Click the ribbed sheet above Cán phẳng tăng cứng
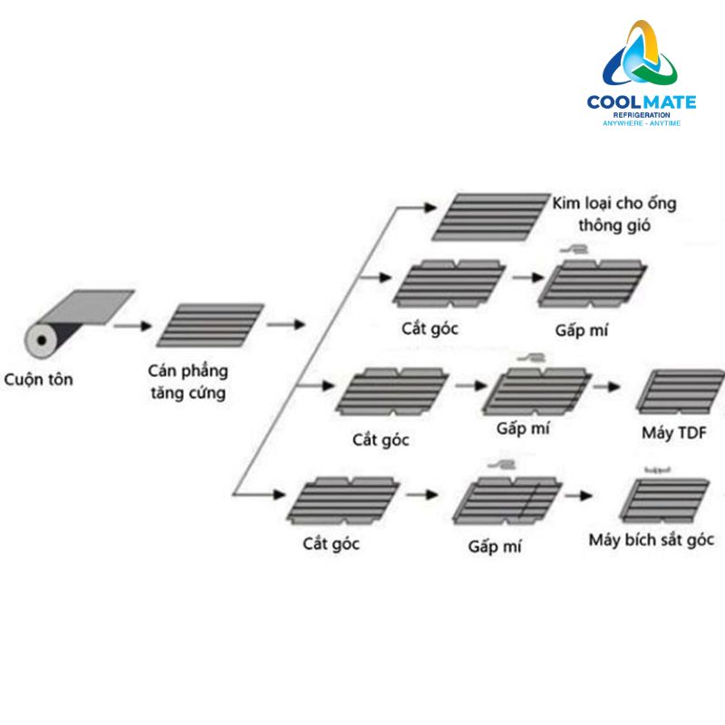tap(210, 325)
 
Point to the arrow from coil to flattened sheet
tap(132, 324)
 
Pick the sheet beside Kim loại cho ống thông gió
tap(489, 217)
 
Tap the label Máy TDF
tap(673, 433)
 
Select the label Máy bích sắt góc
tap(651, 540)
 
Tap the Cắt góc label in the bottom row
tap(331, 544)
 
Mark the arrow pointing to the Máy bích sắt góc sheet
tap(577, 496)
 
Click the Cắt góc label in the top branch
tap(430, 328)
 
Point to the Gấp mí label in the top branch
tap(581, 330)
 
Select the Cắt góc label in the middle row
tap(381, 440)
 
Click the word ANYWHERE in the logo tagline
tap(621, 122)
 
